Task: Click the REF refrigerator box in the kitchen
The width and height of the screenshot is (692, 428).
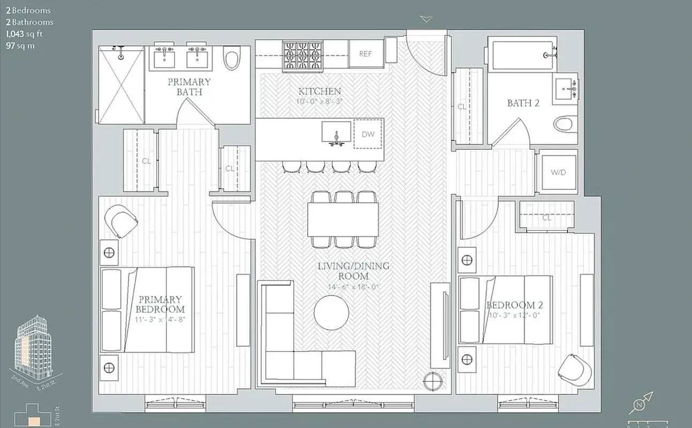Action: (x=366, y=54)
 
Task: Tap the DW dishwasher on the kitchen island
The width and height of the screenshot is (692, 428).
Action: (x=368, y=134)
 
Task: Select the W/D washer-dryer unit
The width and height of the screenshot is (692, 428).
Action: (x=557, y=172)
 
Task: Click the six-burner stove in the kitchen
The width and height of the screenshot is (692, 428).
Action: (x=303, y=55)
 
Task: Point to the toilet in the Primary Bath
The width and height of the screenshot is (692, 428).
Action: (x=232, y=58)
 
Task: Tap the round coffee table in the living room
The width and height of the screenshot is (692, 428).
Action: (x=331, y=312)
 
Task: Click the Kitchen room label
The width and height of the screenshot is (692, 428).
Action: (x=320, y=91)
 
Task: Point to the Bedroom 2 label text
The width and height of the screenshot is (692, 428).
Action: (x=514, y=305)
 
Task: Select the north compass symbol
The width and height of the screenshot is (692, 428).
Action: (x=640, y=404)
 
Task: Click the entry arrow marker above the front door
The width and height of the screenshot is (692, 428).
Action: (x=426, y=19)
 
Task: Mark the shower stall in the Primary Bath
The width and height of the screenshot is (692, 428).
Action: (x=122, y=86)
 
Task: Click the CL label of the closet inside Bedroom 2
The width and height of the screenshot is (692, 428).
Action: (x=546, y=218)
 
